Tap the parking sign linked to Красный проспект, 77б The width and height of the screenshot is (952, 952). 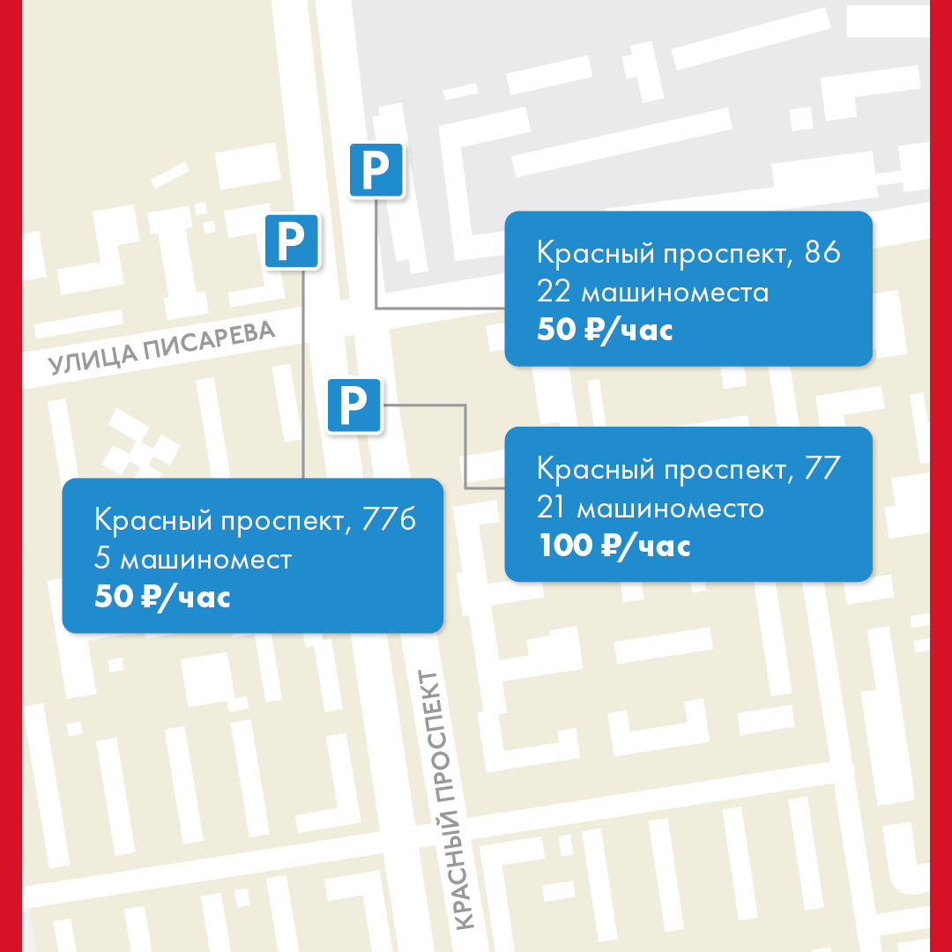(292, 240)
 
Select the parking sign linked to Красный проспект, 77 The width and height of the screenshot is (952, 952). (353, 405)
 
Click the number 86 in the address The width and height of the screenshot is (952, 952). (822, 254)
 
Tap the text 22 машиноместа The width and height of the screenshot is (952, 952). (652, 292)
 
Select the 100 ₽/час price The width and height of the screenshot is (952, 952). (614, 546)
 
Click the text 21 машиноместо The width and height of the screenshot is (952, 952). (650, 508)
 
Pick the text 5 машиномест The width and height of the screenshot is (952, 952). (193, 559)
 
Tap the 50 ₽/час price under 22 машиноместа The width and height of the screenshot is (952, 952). (605, 331)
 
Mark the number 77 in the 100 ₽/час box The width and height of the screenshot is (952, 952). (823, 469)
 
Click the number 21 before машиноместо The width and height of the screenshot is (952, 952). (553, 508)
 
